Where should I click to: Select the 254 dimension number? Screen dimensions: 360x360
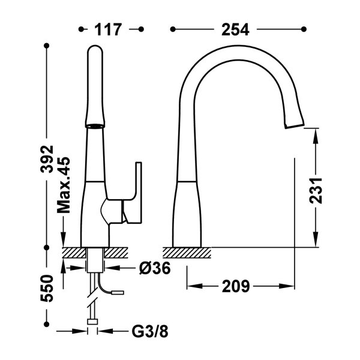(237, 28)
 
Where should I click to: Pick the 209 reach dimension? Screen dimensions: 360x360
(234, 286)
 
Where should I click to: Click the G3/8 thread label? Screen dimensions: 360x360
(146, 331)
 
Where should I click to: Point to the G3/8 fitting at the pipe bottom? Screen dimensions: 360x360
(92, 323)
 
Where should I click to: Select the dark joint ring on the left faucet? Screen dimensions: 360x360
(95, 127)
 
